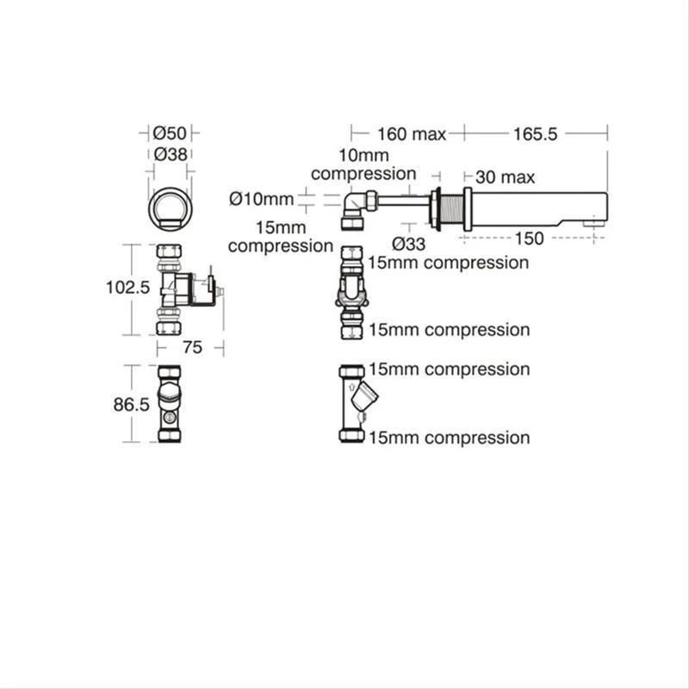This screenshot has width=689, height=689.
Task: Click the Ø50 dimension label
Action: pyautogui.click(x=170, y=133)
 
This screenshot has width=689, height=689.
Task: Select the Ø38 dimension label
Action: pyautogui.click(x=170, y=154)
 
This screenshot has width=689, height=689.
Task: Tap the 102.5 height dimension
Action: pyautogui.click(x=128, y=288)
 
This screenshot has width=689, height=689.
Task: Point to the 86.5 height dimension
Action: pyautogui.click(x=132, y=404)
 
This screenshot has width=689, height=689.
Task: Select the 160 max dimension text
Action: pyautogui.click(x=411, y=133)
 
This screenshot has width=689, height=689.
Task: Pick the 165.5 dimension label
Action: pyautogui.click(x=537, y=133)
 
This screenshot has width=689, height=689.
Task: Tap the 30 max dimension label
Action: pyautogui.click(x=505, y=177)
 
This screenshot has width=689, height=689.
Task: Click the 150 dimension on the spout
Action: pyautogui.click(x=528, y=239)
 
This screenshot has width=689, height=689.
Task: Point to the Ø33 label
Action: pyautogui.click(x=408, y=243)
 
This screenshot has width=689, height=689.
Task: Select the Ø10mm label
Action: pyautogui.click(x=262, y=199)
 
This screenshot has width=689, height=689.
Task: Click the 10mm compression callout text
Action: pyautogui.click(x=363, y=164)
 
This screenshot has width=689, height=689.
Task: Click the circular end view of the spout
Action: pyautogui.click(x=170, y=208)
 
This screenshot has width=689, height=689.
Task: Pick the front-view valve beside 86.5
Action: pyautogui.click(x=170, y=404)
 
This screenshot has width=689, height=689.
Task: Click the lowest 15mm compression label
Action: pyautogui.click(x=449, y=438)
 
